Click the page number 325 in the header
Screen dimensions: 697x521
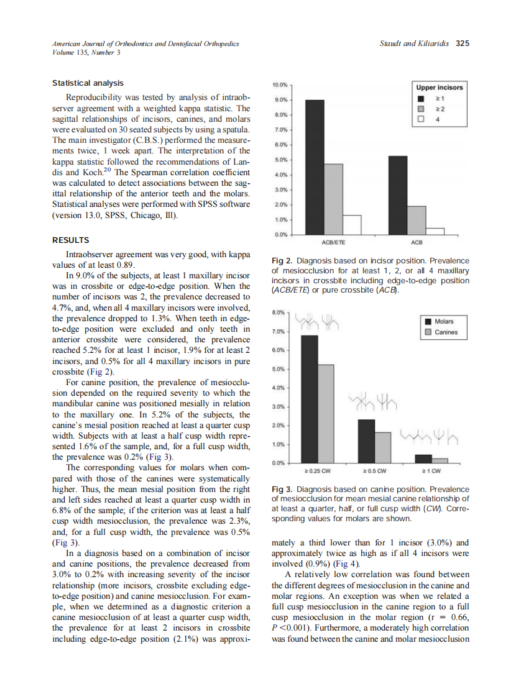(x=462, y=43)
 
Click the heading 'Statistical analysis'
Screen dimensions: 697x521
(x=88, y=83)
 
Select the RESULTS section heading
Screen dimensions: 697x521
(x=70, y=240)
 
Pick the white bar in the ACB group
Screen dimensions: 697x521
(x=435, y=231)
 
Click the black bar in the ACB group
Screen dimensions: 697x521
(x=397, y=194)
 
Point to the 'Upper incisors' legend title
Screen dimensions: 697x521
(x=439, y=88)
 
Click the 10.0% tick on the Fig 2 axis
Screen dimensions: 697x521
(x=280, y=84)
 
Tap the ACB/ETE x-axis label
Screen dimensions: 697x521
(x=334, y=242)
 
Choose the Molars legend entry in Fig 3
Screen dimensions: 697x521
(x=444, y=321)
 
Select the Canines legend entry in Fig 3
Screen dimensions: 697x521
(x=446, y=332)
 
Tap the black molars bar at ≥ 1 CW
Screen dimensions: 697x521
(x=423, y=458)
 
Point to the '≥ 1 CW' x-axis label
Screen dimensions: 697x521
(x=431, y=470)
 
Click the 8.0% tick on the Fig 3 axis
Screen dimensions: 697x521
(x=280, y=312)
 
